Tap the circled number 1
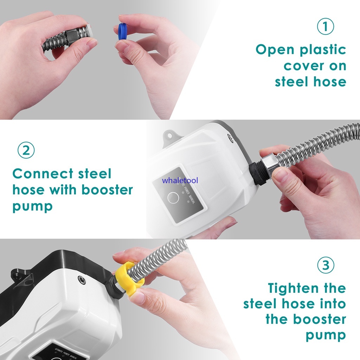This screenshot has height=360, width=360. pos(326,26)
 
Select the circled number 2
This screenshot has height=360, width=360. pos(26,150)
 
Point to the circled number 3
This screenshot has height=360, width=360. pos(326,265)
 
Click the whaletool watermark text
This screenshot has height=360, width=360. pos(180,181)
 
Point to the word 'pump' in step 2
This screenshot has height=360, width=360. pos(32,206)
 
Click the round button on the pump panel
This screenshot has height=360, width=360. pos(173,198)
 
